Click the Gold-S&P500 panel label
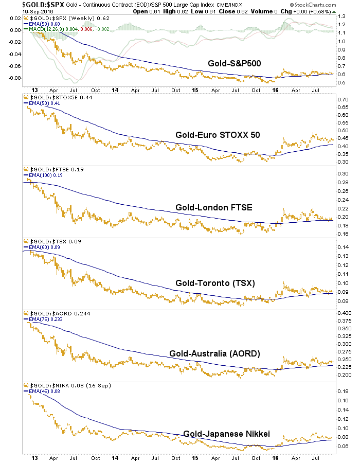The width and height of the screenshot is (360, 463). click(x=234, y=63)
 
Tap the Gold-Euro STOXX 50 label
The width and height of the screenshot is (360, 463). click(x=218, y=135)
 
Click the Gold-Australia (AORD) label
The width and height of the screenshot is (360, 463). click(x=214, y=353)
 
